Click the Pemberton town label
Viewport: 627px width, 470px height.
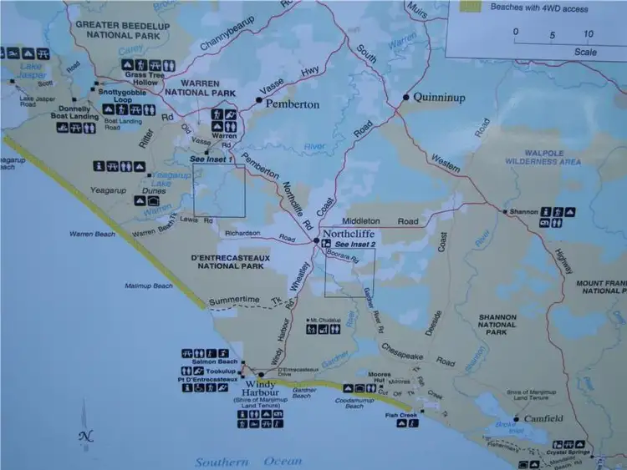click(293, 105)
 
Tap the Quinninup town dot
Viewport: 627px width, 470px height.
click(405, 97)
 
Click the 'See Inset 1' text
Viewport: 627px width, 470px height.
click(209, 159)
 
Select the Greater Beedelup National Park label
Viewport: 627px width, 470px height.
click(122, 30)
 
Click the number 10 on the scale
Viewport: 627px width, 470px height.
click(589, 34)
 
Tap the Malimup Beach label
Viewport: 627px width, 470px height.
click(150, 286)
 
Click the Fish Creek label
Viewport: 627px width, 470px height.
click(401, 415)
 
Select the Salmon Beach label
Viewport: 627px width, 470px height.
click(217, 361)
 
